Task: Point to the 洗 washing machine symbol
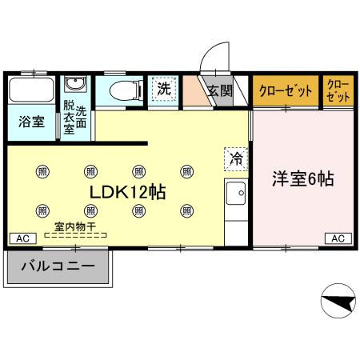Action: (163, 89)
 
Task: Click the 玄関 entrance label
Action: (220, 90)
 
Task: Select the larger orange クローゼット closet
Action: (286, 90)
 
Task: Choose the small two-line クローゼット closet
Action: (338, 90)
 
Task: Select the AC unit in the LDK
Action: (22, 238)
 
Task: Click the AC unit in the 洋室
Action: (338, 238)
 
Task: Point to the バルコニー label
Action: (58, 266)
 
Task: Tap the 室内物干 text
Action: (74, 227)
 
